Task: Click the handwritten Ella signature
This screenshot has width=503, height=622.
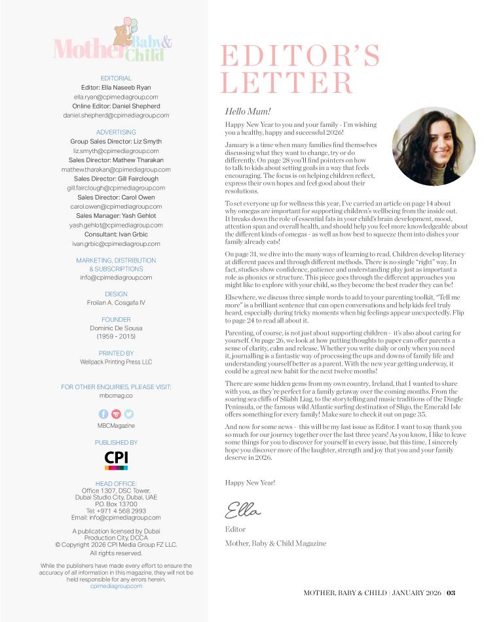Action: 243,509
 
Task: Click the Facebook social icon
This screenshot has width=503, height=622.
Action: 103,414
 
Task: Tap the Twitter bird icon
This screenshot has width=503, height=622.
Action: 128,414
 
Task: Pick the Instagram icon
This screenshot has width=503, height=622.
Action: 116,414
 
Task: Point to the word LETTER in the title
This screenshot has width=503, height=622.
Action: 288,84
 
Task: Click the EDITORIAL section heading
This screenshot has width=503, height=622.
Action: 116,78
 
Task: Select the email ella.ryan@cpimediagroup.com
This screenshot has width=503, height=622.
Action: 116,97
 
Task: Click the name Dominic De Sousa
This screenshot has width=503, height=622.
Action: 116,328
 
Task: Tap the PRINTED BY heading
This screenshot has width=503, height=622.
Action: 116,353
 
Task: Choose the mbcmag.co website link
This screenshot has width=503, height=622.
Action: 116,396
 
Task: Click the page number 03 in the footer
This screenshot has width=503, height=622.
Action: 451,593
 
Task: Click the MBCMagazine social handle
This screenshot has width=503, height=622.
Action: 116,426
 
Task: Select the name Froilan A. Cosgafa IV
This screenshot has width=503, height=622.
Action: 116,303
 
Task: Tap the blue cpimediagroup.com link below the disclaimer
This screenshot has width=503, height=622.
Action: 116,586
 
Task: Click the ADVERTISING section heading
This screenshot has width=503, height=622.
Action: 116,132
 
